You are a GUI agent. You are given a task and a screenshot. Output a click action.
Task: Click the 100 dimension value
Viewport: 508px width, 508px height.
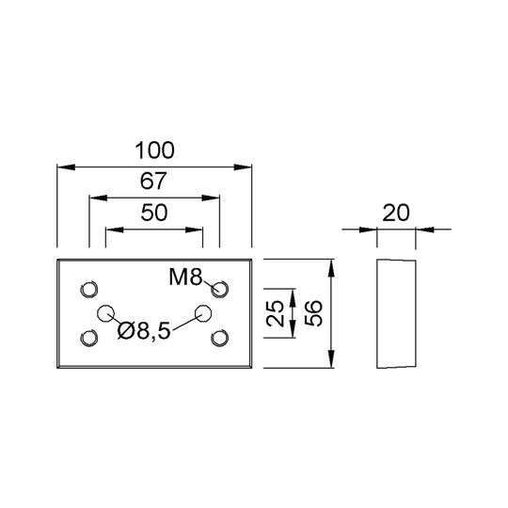(154, 151)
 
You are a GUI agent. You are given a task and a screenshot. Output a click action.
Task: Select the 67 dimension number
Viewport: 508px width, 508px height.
(153, 182)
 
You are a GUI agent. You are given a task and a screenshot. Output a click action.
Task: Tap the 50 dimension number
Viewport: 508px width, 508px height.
(154, 213)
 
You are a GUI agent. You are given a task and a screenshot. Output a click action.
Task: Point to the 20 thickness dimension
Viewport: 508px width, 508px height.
(396, 213)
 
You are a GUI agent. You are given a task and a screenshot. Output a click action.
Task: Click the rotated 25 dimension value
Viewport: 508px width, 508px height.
(275, 313)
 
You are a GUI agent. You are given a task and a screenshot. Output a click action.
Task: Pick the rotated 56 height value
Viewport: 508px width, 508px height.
(313, 313)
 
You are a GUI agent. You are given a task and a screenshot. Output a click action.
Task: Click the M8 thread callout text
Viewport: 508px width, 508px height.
(185, 278)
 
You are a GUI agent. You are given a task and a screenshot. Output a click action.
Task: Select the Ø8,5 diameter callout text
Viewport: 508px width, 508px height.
(144, 331)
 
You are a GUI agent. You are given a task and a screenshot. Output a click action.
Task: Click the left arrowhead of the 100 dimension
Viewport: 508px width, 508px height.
(66, 167)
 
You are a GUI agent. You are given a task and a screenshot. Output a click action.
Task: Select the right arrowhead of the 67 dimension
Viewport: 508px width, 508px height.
(211, 198)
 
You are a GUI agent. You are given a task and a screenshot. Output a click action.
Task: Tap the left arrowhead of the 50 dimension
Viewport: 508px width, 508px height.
(115, 230)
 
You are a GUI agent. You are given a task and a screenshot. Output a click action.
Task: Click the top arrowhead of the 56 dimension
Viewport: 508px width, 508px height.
(331, 268)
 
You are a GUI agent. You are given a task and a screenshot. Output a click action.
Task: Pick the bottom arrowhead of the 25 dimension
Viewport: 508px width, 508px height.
(293, 329)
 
